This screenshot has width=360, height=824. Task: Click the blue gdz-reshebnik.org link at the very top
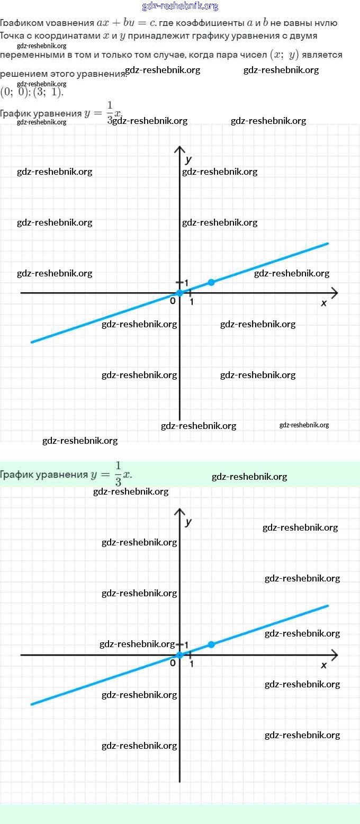click(180, 6)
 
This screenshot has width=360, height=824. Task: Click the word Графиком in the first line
click(21, 23)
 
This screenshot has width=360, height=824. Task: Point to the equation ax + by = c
click(127, 23)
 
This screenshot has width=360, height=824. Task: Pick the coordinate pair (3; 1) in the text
click(48, 92)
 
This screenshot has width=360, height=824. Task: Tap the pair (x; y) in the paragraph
click(285, 55)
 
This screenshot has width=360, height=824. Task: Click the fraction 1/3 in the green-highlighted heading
click(118, 473)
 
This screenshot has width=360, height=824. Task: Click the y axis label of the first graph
click(188, 159)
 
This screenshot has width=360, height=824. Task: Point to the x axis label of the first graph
click(324, 303)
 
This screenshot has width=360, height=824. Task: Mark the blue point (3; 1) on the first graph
click(211, 282)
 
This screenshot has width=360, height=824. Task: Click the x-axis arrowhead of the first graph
click(334, 292)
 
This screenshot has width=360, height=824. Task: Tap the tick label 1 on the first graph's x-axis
click(191, 302)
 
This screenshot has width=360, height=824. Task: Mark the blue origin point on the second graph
click(180, 655)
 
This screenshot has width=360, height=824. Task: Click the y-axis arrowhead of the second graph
click(180, 512)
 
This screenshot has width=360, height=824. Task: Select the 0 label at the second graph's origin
click(173, 663)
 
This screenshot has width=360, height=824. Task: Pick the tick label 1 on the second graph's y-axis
click(186, 645)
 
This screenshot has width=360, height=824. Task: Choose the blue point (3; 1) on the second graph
click(211, 644)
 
